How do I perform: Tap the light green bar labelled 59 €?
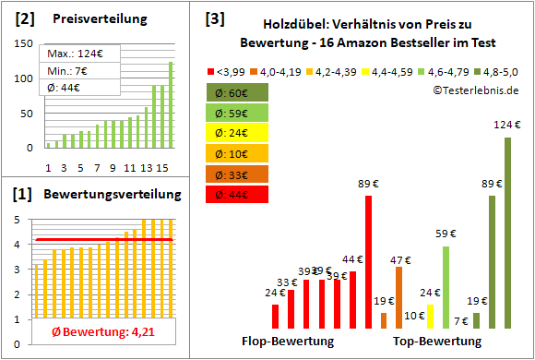pyautogui.click(x=446, y=287)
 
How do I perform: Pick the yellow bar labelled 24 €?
pyautogui.click(x=430, y=316)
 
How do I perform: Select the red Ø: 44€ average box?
pyautogui.click(x=238, y=194)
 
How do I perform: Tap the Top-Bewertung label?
pyautogui.click(x=437, y=342)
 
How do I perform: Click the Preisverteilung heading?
pyautogui.click(x=96, y=18)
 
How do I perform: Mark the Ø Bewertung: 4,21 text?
pyautogui.click(x=98, y=332)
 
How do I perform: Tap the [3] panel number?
pyautogui.click(x=214, y=18)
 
